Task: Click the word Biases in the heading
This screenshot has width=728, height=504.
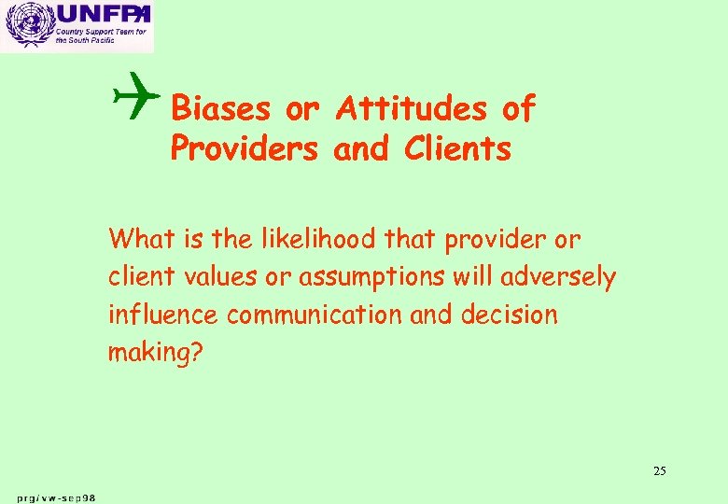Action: tap(222, 109)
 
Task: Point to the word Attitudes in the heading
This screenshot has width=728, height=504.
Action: tap(412, 109)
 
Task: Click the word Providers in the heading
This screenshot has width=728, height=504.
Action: tap(245, 148)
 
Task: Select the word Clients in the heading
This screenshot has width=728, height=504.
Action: tap(458, 148)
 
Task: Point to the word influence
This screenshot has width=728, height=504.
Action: tap(163, 315)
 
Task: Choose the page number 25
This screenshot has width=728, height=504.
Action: tap(659, 470)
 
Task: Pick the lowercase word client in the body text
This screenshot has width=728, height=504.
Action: tap(137, 277)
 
